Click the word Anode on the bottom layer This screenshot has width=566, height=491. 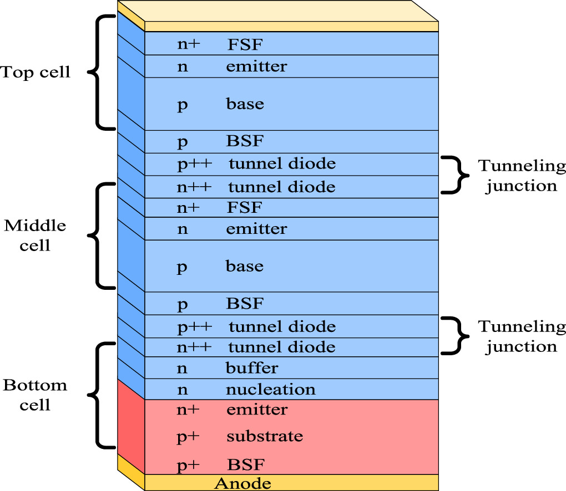coord(242,483)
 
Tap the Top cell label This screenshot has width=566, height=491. coord(36,72)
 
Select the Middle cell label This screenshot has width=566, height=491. coord(35,235)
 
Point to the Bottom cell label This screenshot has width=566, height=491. coord(35,395)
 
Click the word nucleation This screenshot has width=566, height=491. coord(270,390)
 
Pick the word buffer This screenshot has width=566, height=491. coord(252,368)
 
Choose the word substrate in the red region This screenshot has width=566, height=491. coord(265,436)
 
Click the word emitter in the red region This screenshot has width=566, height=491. coord(257,410)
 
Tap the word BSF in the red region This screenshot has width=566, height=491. coord(245,464)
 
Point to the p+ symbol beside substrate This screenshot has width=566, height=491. coord(188,437)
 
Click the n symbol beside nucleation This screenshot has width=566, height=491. coord(182,390)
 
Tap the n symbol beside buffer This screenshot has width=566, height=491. coord(182,369)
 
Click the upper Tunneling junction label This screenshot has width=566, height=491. coord(522,176)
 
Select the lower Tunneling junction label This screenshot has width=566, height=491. coord(522,336)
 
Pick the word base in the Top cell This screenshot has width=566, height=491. coord(245,104)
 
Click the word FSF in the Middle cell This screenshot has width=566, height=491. coord(244,208)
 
